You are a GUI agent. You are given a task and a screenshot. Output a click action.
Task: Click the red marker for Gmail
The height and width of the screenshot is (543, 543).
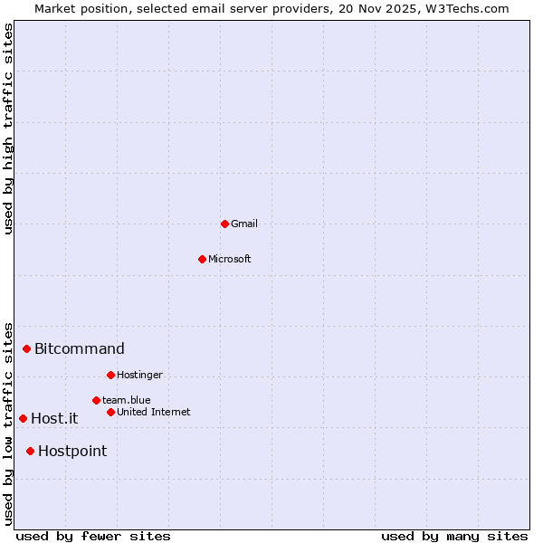pos(224,224)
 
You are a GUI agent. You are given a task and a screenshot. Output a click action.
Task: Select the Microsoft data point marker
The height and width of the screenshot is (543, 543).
pos(202,259)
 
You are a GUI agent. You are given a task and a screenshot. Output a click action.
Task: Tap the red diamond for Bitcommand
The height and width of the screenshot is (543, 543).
pos(26,348)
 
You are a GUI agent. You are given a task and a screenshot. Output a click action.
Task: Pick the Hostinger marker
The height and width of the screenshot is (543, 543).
pos(110,375)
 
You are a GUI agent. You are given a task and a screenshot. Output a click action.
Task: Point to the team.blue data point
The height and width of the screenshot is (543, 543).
pos(96,400)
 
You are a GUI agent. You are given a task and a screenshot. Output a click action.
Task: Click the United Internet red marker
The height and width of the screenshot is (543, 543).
pos(110,412)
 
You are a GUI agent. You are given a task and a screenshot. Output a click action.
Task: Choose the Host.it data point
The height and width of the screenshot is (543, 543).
pos(23,418)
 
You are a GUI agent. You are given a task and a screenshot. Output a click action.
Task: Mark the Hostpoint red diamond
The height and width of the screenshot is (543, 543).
pos(30,451)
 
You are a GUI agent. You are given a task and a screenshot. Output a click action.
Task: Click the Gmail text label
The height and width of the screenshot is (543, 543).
pos(244,224)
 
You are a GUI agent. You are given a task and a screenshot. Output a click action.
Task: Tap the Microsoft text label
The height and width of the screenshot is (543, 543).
pos(230,259)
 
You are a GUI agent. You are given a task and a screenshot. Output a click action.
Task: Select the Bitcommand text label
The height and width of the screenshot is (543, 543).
pos(80,348)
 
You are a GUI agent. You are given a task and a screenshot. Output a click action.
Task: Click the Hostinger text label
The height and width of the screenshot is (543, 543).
pos(139,375)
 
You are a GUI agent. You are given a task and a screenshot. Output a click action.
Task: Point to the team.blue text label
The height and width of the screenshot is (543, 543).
pos(127,400)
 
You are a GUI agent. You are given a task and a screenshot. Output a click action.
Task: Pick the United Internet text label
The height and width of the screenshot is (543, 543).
pos(154,412)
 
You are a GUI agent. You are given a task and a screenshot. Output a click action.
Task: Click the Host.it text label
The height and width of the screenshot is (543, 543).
pos(54,418)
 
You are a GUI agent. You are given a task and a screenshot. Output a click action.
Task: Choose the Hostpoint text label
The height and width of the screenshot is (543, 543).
pos(72,451)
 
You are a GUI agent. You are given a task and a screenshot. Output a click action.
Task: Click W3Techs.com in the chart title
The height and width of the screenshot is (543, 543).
pos(467,8)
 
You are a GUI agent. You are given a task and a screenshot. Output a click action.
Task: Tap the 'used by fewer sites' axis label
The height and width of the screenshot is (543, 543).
pos(93,536)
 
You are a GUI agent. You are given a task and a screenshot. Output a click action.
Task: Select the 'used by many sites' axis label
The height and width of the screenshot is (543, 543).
pos(454,536)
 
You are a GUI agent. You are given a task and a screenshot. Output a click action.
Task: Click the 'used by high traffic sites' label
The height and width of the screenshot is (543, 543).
pos(8,129)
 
